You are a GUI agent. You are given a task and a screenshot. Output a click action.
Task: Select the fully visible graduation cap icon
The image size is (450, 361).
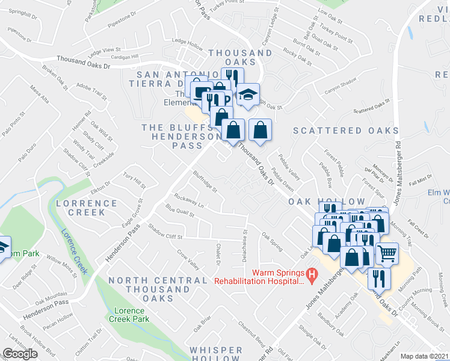tap(247, 94)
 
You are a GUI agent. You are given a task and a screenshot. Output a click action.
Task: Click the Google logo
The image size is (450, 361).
tap(20, 354)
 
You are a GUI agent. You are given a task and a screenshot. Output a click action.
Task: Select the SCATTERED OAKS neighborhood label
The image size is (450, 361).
tap(337, 131)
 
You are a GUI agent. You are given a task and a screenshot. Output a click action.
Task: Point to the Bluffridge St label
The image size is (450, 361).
tap(205, 181)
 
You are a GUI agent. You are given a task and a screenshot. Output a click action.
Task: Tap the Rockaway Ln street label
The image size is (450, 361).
tap(188, 198)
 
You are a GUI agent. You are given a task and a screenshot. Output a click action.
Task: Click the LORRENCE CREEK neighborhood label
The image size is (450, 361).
tap(87, 208)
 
